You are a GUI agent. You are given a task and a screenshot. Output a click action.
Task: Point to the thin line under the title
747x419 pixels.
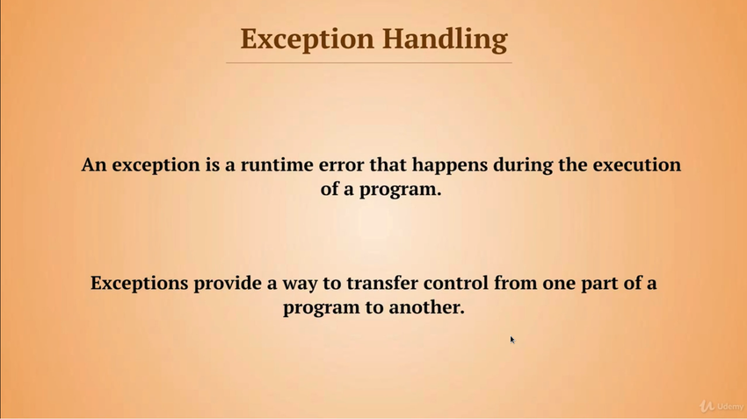pos(369,62)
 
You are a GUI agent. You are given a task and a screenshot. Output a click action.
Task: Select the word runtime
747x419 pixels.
pos(277,165)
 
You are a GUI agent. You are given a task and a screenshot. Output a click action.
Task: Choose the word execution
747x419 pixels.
pos(636,165)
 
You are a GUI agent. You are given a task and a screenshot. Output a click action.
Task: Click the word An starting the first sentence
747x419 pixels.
pos(93,165)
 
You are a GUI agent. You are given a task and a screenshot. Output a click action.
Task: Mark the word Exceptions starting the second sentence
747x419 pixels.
pos(139,284)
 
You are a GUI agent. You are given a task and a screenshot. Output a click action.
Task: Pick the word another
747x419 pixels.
pos(426,307)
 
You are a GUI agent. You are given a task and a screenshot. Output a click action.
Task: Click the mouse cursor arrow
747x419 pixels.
pos(512,340)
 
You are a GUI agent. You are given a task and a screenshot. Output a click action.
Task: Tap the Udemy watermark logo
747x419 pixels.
pos(722,406)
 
